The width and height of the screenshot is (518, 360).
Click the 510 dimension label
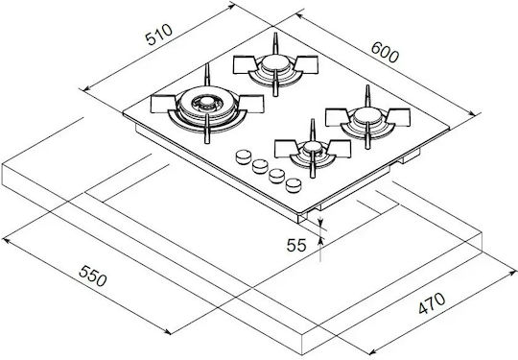(159, 35)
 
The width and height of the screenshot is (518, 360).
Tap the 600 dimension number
(385, 52)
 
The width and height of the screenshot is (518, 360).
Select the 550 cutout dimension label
(93, 276)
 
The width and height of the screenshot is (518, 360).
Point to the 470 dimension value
(432, 302)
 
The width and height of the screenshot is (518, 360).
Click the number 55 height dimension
(296, 246)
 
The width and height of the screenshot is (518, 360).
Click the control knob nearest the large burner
(244, 156)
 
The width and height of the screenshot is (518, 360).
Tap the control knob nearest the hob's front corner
(294, 185)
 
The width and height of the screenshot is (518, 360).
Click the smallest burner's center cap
(312, 146)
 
